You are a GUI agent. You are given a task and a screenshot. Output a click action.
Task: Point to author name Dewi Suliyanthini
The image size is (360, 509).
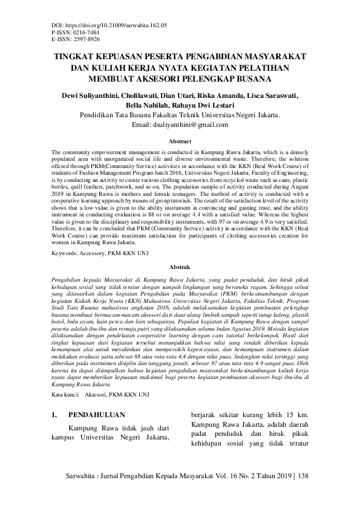pos(87,95)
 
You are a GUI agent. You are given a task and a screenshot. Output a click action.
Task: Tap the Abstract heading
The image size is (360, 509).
pos(180,140)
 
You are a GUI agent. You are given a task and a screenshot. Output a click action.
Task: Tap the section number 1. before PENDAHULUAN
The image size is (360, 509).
pos(55,415)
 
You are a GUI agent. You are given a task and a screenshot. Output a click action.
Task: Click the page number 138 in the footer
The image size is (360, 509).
pos(301,476)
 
